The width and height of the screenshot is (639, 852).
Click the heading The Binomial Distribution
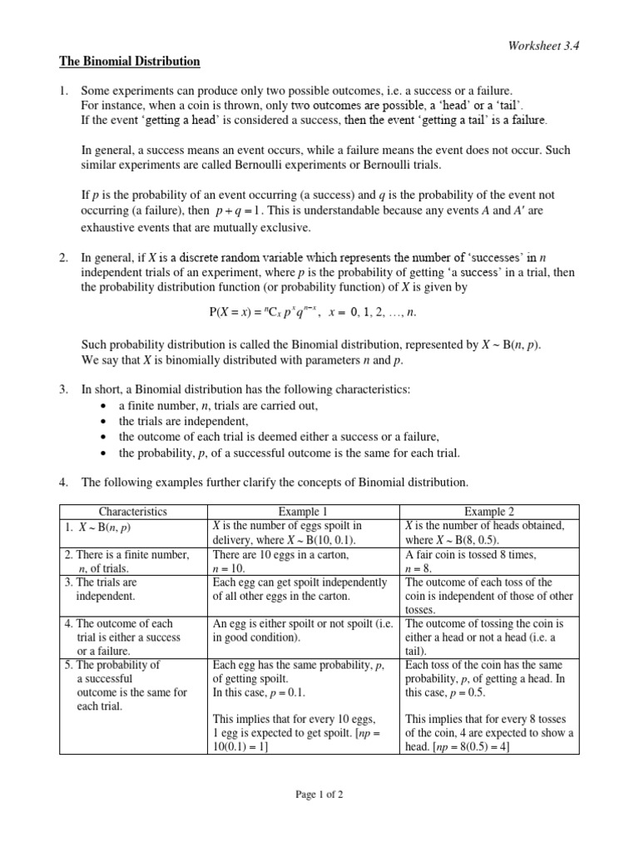pos(129,62)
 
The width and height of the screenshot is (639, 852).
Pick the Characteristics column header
pos(133,512)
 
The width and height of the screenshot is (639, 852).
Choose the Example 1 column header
pos(305,512)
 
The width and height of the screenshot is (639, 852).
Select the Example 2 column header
pos(490,512)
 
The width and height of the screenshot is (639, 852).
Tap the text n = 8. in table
pos(420,567)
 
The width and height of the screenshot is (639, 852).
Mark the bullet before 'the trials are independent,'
pos(102,422)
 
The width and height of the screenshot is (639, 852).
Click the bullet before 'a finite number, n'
pos(102,406)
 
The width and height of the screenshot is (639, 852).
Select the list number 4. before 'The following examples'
pos(63,482)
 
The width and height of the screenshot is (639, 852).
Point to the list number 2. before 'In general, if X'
pos(63,259)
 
